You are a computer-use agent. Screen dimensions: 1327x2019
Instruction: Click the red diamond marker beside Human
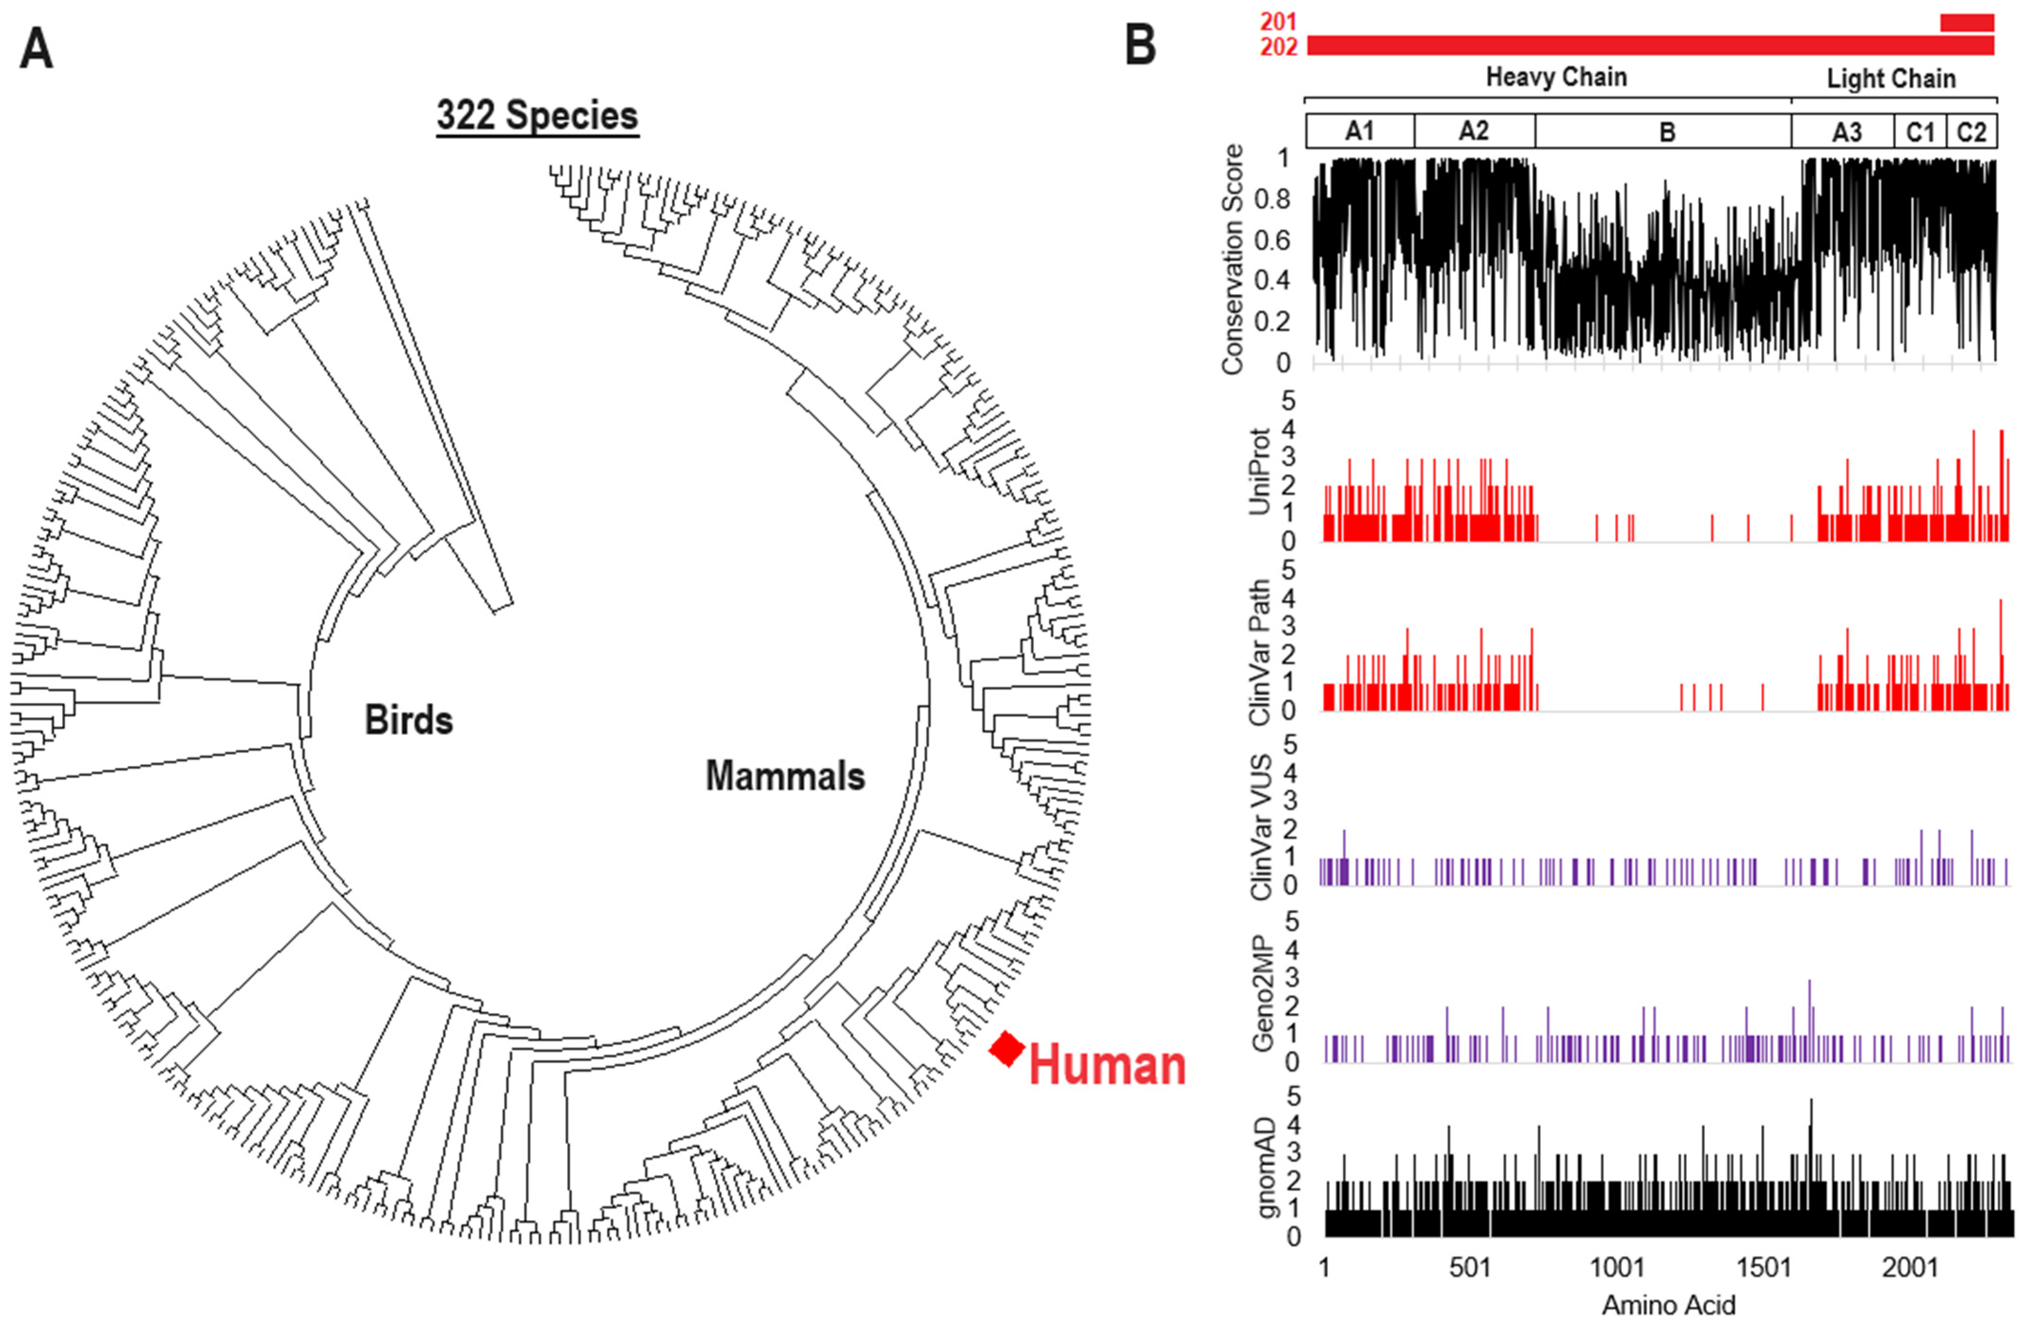click(1008, 1049)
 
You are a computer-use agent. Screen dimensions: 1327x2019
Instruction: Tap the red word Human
click(1107, 1066)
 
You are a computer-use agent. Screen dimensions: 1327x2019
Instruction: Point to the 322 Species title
click(537, 115)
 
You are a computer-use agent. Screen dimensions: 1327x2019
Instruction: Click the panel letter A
click(36, 48)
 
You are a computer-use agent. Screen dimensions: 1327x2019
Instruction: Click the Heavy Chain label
click(1556, 77)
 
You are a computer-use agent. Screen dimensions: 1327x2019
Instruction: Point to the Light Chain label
click(1891, 79)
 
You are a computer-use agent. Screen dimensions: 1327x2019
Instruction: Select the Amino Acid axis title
click(1668, 1304)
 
